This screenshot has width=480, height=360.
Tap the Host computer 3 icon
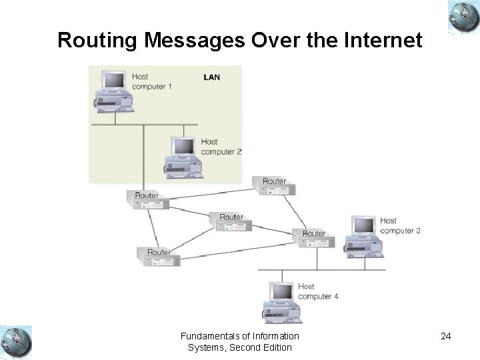click(x=363, y=237)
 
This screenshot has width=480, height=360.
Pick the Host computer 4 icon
click(x=282, y=302)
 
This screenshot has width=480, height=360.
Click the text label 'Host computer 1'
click(x=152, y=81)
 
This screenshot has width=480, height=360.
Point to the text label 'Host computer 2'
click(x=221, y=147)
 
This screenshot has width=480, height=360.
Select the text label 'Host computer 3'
click(x=400, y=225)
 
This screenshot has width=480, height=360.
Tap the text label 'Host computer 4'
click(x=318, y=291)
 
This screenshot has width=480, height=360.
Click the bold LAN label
click(x=211, y=77)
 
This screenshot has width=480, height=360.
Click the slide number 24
click(x=445, y=336)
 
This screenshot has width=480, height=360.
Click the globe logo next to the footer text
click(x=16, y=341)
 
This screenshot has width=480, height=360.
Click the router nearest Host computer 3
click(x=313, y=237)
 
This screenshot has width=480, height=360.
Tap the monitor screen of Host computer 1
click(x=114, y=80)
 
